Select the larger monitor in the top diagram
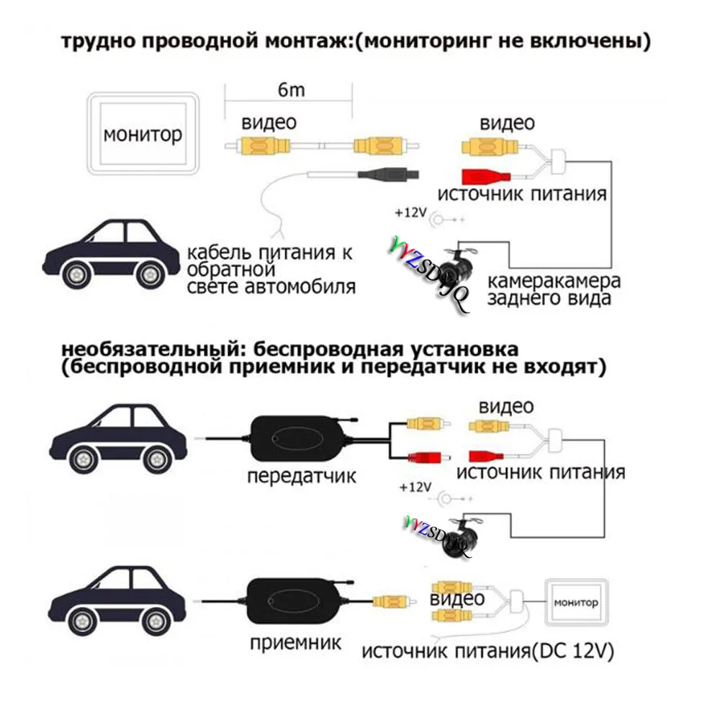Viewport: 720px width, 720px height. [142, 134]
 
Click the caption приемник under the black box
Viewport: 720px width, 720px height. [295, 642]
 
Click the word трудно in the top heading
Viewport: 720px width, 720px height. [99, 42]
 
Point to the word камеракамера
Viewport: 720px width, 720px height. [554, 280]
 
